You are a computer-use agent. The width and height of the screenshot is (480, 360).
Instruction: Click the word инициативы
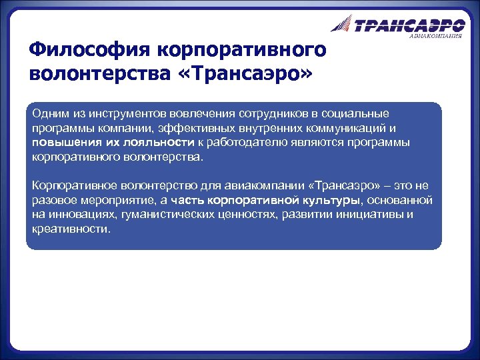[x=372, y=215]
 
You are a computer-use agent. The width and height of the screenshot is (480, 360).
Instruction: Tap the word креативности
[x=71, y=229]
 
